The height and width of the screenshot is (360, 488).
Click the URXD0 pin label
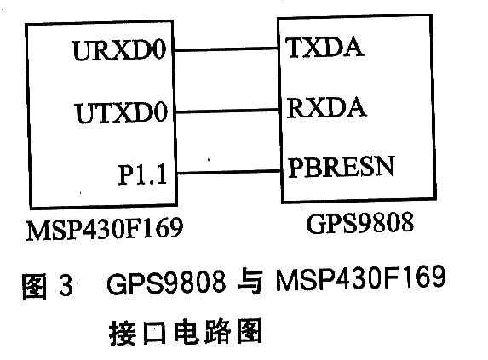click(x=119, y=49)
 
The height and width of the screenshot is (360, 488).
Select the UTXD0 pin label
click(x=122, y=112)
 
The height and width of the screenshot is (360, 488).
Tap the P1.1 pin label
click(x=142, y=174)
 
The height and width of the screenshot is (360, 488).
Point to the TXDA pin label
click(x=325, y=48)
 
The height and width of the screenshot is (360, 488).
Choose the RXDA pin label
click(x=326, y=107)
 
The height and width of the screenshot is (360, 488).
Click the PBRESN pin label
click(x=342, y=167)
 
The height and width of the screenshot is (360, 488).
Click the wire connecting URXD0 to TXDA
click(x=226, y=49)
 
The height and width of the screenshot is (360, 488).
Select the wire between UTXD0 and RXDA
click(x=227, y=111)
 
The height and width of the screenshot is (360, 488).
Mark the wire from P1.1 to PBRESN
click(x=229, y=172)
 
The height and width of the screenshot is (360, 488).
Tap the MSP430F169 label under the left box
click(x=105, y=229)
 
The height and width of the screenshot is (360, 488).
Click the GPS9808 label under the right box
click(x=360, y=223)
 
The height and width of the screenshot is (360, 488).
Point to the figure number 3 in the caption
click(x=66, y=284)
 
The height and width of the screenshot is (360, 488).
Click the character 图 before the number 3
click(x=34, y=286)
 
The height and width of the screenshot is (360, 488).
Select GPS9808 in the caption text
click(x=167, y=282)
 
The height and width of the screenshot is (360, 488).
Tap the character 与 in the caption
click(x=250, y=282)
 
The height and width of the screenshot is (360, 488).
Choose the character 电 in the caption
click(x=186, y=331)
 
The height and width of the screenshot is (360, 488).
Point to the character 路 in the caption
click(x=217, y=331)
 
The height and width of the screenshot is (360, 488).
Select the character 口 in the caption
click(x=154, y=333)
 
